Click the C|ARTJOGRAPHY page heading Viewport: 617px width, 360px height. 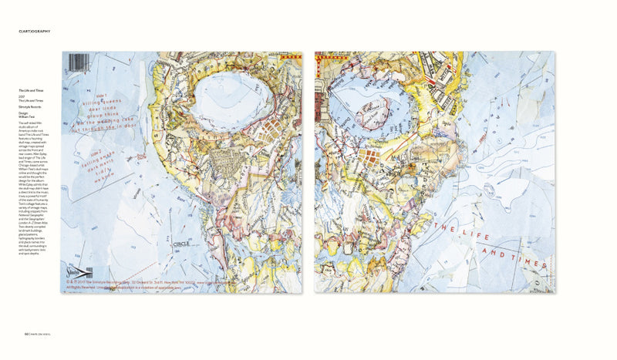click(x=35, y=31)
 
